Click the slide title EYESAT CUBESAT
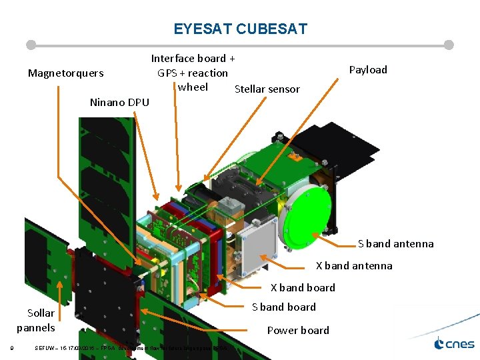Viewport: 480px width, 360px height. pos(240,29)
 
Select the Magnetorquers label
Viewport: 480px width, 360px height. pos(65,73)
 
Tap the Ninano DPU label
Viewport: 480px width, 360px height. pos(119,102)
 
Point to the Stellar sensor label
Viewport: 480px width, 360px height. pos(267,89)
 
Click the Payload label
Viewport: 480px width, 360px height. pos(368,69)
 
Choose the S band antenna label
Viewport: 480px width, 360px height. pos(395,243)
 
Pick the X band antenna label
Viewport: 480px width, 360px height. pos(353,265)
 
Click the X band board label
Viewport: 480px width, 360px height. pos(303,287)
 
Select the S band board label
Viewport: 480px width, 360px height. pos(283,307)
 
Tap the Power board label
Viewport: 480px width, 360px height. pos(298,330)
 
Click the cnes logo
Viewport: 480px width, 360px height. pos(454,344)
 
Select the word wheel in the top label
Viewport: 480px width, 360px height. pos(193,87)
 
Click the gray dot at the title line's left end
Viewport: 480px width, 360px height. pos(31,45)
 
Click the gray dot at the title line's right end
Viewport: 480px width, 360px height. pos(449,45)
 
